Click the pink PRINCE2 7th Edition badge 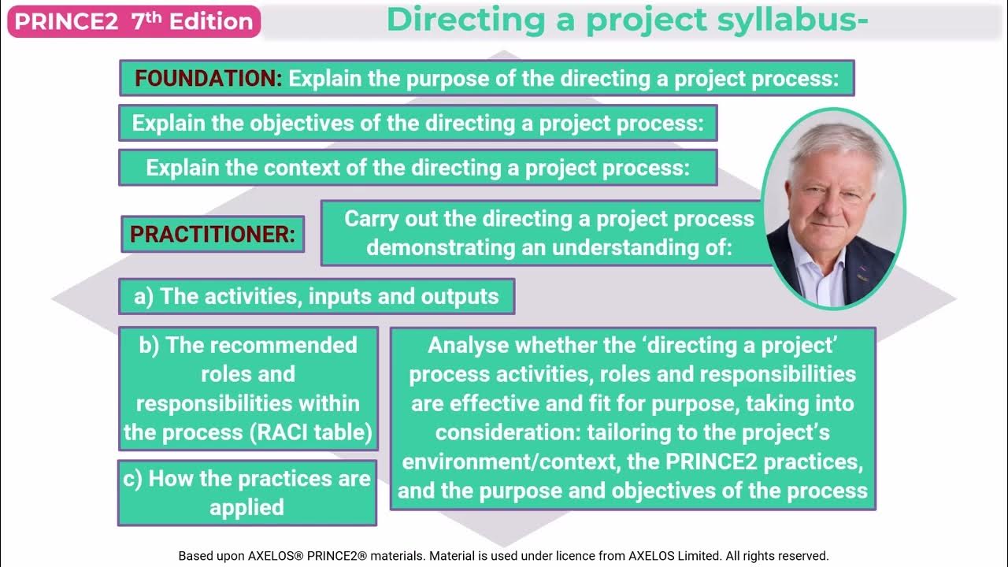click(x=134, y=21)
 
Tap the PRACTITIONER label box click(x=213, y=234)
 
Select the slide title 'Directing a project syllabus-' click(x=627, y=20)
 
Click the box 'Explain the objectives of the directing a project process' click(x=417, y=123)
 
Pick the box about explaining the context click(x=417, y=168)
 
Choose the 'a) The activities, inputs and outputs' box click(x=317, y=296)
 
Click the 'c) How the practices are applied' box click(x=247, y=493)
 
